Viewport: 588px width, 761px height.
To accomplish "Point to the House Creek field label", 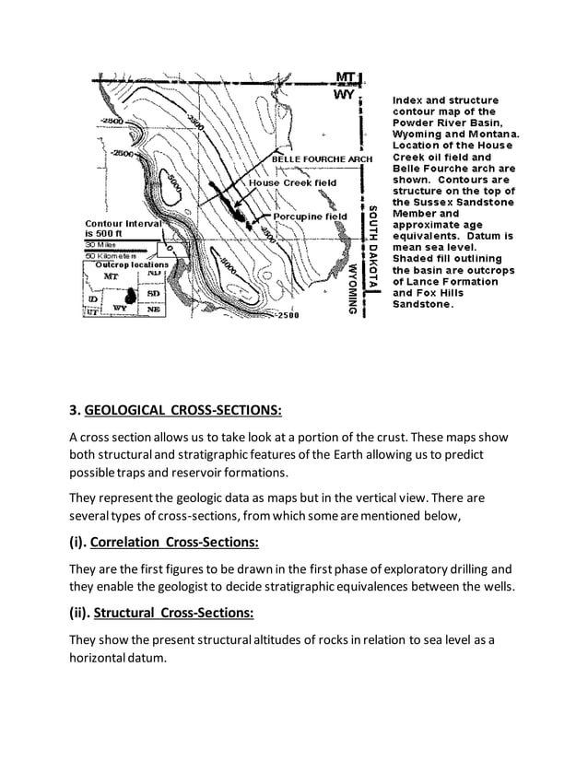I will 293,182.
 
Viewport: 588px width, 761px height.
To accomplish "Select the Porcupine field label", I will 309,217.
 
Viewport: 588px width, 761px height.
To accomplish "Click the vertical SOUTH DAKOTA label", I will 372,243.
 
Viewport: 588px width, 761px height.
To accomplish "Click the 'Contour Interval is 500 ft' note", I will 123,228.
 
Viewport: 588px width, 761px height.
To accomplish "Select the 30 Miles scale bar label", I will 104,245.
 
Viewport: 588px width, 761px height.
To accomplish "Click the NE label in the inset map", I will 153,310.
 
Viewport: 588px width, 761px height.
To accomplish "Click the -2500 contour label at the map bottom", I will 287,315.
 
